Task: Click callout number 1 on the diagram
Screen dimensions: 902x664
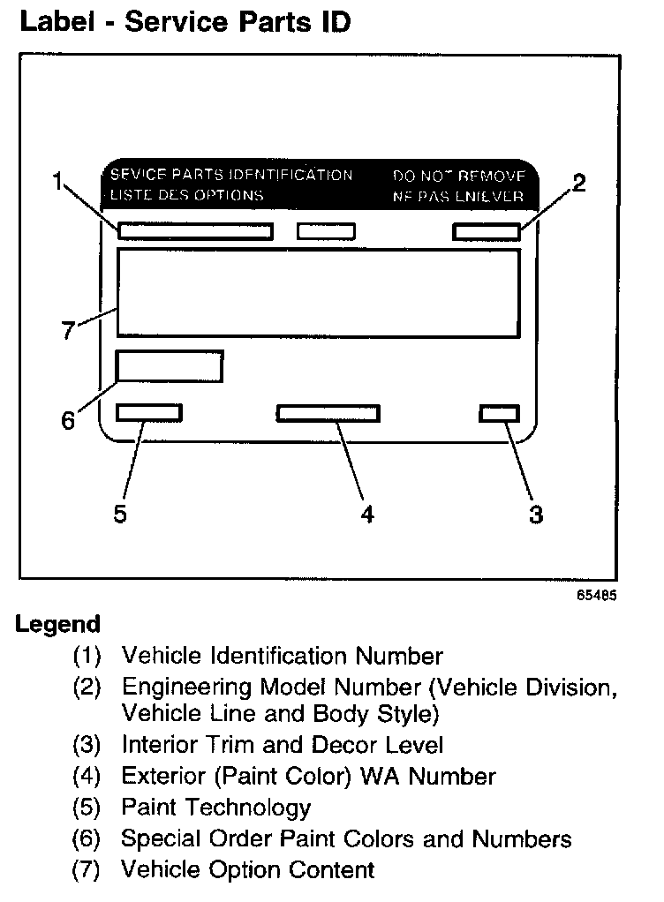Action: pos(57,183)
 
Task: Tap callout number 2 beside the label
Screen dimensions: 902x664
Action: pos(578,183)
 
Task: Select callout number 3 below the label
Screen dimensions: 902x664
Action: pos(535,515)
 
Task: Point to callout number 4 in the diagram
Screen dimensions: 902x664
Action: pos(366,515)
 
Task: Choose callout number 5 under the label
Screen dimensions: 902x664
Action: pos(121,515)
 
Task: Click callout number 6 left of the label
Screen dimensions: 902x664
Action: pos(68,420)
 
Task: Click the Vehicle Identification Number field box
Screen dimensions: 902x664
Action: pos(195,231)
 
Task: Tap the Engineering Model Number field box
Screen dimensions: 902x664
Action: pos(486,231)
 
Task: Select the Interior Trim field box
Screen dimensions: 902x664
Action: pos(499,413)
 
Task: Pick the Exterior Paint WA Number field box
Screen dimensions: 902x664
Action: pos(328,413)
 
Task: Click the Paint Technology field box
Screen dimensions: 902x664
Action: pos(149,412)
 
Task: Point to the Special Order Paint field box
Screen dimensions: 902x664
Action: pos(170,366)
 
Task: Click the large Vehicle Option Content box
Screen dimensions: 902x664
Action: pos(317,292)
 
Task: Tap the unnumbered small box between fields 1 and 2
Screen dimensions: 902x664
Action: pos(326,231)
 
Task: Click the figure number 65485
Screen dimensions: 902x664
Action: pos(597,595)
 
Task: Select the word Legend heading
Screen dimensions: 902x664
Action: pos(58,625)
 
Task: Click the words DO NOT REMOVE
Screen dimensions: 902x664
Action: pos(458,176)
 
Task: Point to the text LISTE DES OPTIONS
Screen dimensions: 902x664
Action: pos(186,195)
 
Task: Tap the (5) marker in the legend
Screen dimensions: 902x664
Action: pos(87,807)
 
